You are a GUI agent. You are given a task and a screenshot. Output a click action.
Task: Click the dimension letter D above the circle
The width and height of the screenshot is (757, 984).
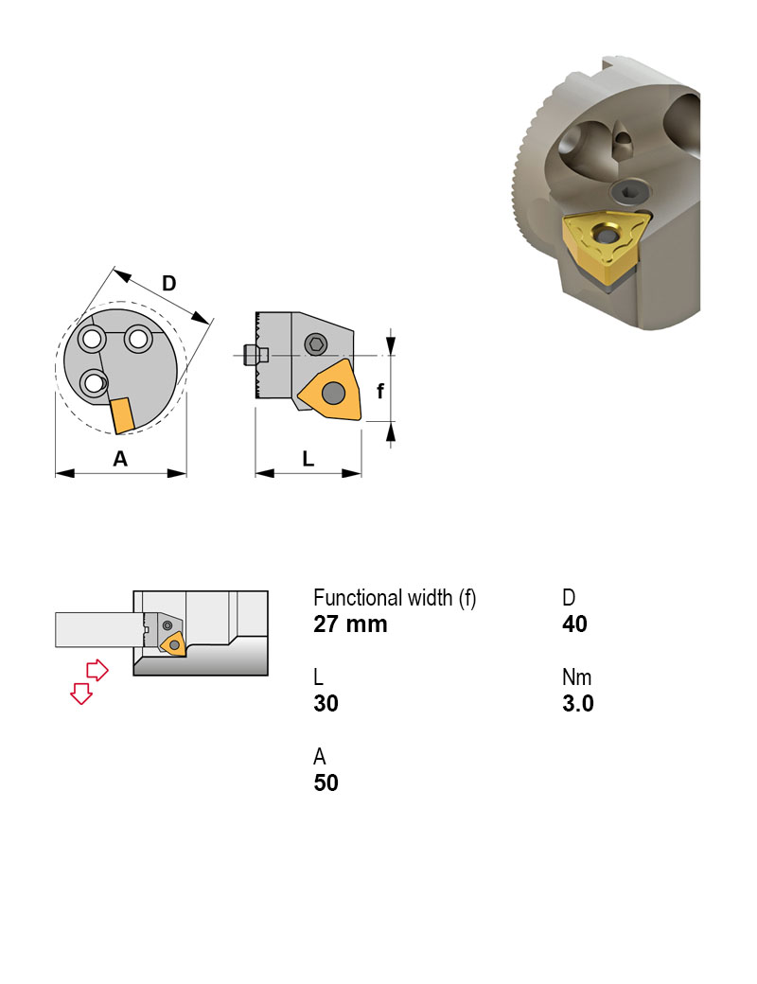pos(168,283)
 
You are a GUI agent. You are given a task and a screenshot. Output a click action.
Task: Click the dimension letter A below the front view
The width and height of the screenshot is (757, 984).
pos(120,459)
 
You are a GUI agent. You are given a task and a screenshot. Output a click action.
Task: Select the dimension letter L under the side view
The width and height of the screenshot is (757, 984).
pos(308,459)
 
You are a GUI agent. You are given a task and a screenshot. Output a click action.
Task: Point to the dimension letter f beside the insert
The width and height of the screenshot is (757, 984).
pos(380,389)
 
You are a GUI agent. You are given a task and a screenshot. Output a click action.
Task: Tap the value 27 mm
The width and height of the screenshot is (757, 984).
pos(350,624)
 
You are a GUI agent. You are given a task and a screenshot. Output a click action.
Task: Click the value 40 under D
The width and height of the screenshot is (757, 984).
pos(574,624)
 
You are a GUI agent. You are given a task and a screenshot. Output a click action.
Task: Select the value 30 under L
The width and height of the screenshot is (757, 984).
pos(326,704)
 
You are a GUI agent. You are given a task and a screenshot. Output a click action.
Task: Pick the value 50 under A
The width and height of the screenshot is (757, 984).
pos(326,783)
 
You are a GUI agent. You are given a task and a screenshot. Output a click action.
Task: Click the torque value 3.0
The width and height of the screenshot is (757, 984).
pos(577,704)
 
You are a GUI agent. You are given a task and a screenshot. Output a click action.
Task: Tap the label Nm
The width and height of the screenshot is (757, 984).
pos(576,677)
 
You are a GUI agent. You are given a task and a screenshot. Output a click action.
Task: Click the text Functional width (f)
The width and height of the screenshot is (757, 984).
pos(395,598)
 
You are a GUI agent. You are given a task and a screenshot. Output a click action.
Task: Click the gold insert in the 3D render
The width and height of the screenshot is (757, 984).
pos(601,248)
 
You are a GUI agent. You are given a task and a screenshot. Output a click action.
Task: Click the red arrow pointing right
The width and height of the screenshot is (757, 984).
pos(97,670)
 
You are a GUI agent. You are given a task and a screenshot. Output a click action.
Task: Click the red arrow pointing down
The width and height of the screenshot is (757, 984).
pos(81,694)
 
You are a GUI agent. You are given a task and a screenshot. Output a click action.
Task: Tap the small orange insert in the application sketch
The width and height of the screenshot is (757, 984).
pos(173,644)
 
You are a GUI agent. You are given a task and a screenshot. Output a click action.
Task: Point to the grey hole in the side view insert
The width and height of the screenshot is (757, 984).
pos(333,392)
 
